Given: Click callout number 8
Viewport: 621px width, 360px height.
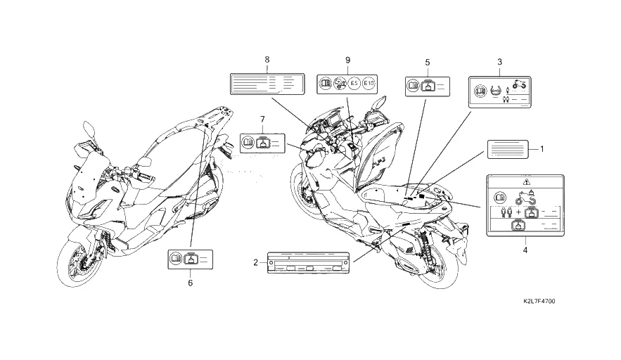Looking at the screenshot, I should pyautogui.click(x=267, y=60).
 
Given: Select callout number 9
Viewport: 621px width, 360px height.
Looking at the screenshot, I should pyautogui.click(x=347, y=60).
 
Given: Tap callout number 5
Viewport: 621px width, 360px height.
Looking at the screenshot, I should pyautogui.click(x=427, y=63).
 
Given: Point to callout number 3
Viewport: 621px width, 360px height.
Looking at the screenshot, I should pyautogui.click(x=499, y=63).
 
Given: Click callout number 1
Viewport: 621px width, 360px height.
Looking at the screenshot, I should pyautogui.click(x=542, y=149).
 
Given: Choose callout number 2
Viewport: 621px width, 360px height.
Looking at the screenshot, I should pyautogui.click(x=255, y=262).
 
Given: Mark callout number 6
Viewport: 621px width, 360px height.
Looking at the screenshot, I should pyautogui.click(x=190, y=283).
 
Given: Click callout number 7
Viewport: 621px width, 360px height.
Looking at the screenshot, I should pyautogui.click(x=262, y=119).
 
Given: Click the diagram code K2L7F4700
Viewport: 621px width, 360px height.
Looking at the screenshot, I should pyautogui.click(x=539, y=302).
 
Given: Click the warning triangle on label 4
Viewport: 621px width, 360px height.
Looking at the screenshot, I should pyautogui.click(x=523, y=181).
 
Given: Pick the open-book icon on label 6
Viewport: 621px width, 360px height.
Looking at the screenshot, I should pyautogui.click(x=176, y=259).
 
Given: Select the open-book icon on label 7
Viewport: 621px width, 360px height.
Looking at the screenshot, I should pyautogui.click(x=248, y=142).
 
